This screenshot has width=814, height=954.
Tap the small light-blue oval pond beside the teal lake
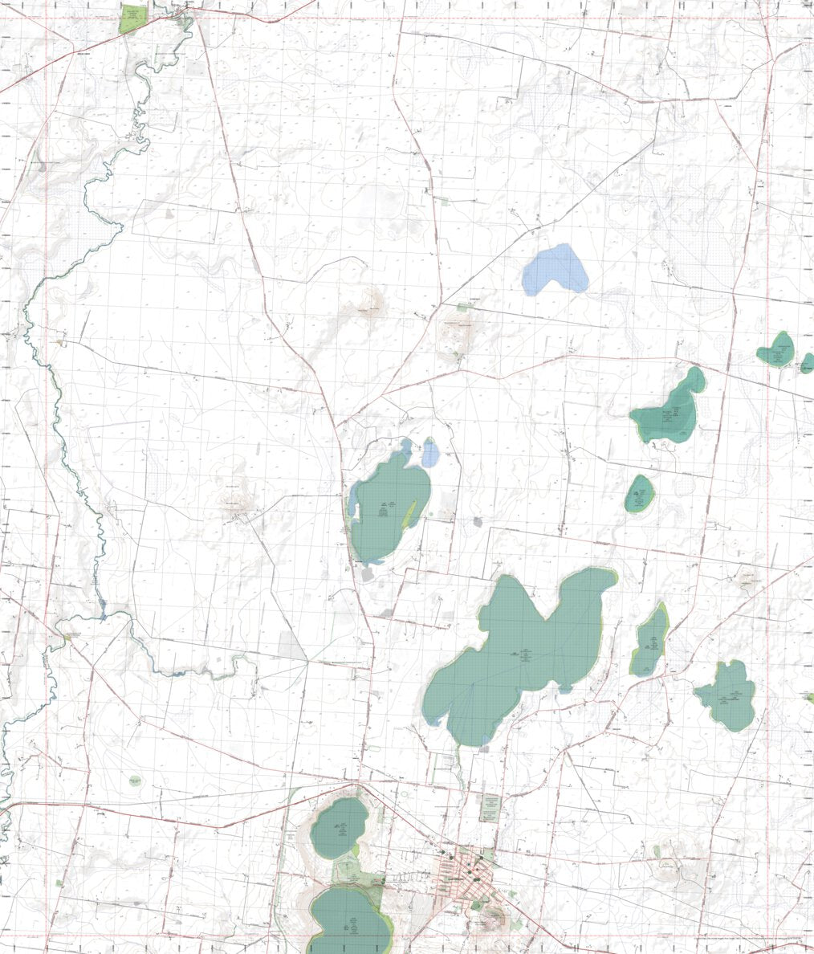click(431, 455)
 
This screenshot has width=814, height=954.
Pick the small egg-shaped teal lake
click(640, 493)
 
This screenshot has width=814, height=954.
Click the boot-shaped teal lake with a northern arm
click(670, 411)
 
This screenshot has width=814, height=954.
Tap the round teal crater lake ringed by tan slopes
click(339, 828)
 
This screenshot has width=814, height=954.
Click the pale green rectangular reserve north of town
click(490, 807)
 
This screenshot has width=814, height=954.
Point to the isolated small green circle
click(135, 780)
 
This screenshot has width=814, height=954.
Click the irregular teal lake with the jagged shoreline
click(726, 695)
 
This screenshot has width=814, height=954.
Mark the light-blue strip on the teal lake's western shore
click(353, 509)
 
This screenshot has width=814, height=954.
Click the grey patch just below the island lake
click(368, 573)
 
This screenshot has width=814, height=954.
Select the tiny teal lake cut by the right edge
click(807, 363)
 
